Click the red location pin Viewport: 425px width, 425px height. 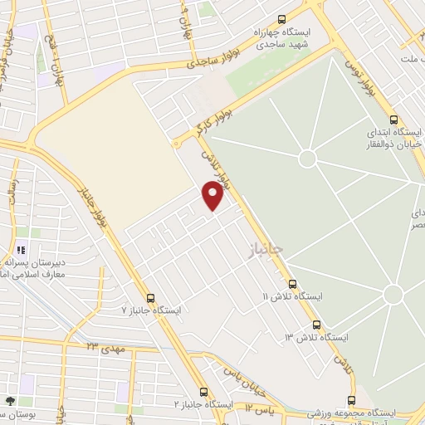212,195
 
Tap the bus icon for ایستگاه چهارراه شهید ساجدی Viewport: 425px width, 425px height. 281,20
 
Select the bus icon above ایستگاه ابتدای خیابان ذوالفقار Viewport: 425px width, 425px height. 393,119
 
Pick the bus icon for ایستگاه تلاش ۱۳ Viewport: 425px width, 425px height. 316,325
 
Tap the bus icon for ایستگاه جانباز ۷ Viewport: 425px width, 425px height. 150,298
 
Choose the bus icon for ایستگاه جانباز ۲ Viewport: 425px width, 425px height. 203,392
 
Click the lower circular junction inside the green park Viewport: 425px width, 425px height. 393,294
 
